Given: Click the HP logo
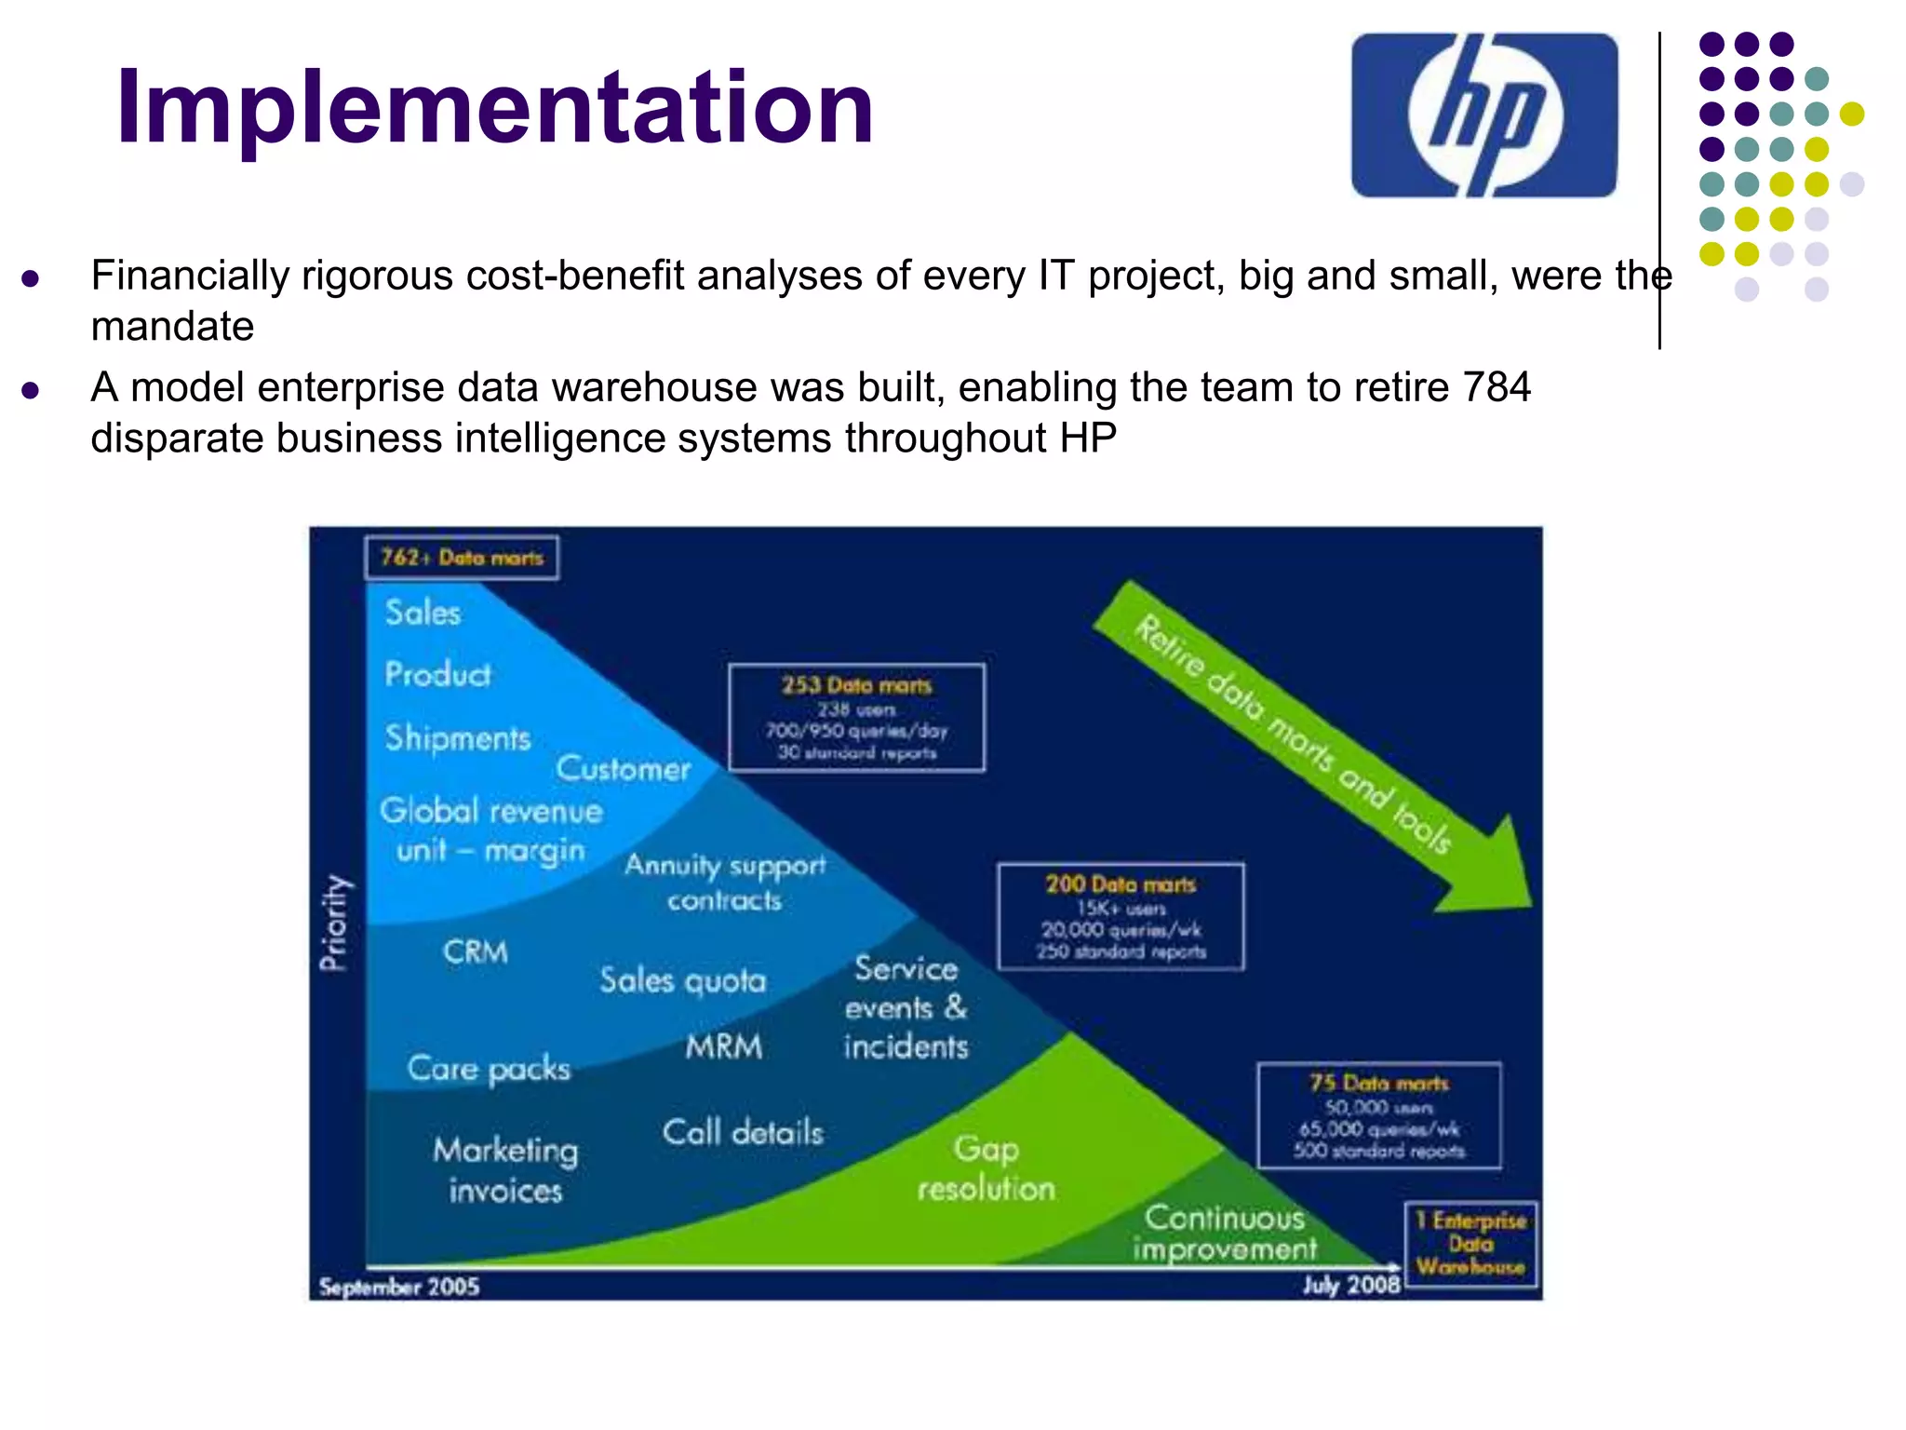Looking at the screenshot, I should pyautogui.click(x=1483, y=115).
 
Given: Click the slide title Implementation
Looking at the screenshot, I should pyautogui.click(x=494, y=108).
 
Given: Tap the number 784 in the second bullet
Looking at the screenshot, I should pyautogui.click(x=1495, y=387).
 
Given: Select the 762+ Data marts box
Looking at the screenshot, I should pyautogui.click(x=462, y=558).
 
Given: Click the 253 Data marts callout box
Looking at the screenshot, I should pyautogui.click(x=856, y=718).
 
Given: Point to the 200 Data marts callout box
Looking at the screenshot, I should pyautogui.click(x=1121, y=917).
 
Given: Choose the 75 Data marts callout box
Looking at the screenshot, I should pyautogui.click(x=1378, y=1115).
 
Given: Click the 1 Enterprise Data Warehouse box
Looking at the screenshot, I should pyautogui.click(x=1470, y=1244).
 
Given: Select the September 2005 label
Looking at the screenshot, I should pyautogui.click(x=398, y=1287).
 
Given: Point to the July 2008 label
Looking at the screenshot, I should pyautogui.click(x=1350, y=1286).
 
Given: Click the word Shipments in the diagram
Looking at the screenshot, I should pyautogui.click(x=458, y=737).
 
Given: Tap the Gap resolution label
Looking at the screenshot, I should pyautogui.click(x=987, y=1168).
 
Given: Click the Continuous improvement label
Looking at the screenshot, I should pyautogui.click(x=1225, y=1233).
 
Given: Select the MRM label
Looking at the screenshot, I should pyautogui.click(x=724, y=1046).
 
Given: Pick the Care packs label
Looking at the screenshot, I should pyautogui.click(x=489, y=1069).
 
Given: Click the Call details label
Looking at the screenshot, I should pyautogui.click(x=743, y=1132).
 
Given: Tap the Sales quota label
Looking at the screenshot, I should pyautogui.click(x=682, y=980).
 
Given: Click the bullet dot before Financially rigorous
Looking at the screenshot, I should pyautogui.click(x=31, y=277).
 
